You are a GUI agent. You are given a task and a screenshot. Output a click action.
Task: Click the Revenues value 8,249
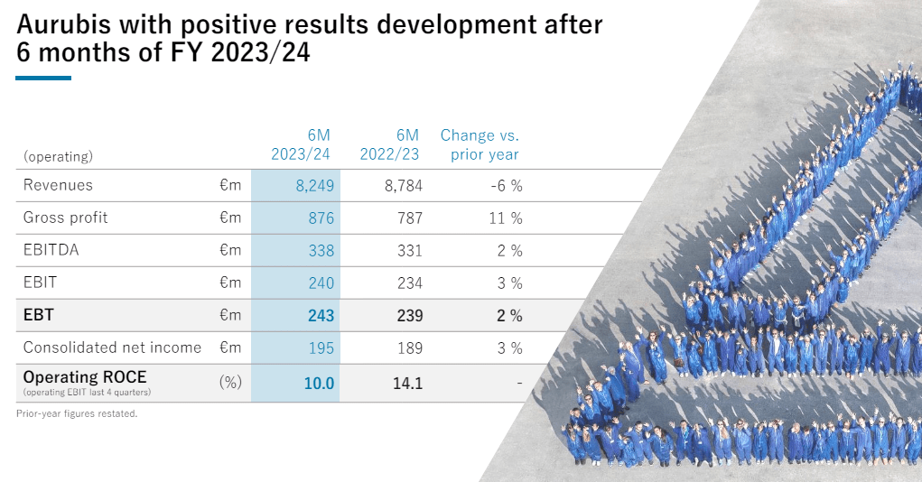coord(314,186)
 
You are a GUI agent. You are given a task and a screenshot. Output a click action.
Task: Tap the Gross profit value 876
coord(321,218)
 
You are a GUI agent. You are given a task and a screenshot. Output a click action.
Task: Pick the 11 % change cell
coord(509,218)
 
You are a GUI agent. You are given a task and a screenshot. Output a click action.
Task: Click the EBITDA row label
coord(51,251)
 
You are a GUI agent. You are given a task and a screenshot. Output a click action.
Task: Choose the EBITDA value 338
coord(321,251)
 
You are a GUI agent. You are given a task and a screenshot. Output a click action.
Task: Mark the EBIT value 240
coord(321,283)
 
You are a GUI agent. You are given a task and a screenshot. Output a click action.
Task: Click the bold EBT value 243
coord(320,316)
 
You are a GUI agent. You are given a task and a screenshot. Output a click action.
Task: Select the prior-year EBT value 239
coord(409,316)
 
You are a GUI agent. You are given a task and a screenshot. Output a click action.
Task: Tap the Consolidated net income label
coord(112,348)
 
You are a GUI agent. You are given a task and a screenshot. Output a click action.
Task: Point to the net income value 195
coord(321,348)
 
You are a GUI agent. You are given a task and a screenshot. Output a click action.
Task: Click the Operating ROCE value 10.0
coord(319,384)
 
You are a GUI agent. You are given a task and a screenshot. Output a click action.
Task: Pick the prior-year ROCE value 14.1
coord(407,384)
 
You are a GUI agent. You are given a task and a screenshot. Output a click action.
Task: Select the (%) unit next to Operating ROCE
coord(230,382)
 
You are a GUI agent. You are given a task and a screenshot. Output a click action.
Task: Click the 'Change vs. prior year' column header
coord(480,145)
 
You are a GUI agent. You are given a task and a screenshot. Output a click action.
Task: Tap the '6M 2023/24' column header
coord(301,145)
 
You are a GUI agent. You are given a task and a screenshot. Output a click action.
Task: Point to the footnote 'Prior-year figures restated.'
coord(76,414)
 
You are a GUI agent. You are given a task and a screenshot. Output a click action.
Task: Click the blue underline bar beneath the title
coord(43,79)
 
